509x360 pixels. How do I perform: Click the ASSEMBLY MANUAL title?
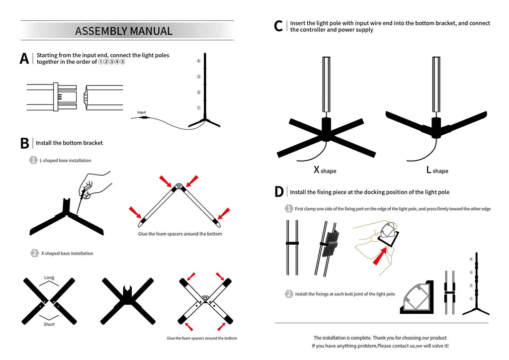(124, 31)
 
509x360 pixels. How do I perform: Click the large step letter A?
(24, 59)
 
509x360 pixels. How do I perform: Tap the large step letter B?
(24, 143)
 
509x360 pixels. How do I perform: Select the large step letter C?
(279, 26)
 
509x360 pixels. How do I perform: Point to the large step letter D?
(279, 192)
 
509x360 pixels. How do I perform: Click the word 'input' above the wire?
(141, 112)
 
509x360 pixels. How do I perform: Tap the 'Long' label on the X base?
(49, 277)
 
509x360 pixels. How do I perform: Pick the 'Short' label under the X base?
(49, 324)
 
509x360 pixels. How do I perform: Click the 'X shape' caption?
(325, 170)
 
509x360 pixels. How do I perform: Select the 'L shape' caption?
(437, 170)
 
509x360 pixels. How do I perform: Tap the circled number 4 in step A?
(198, 61)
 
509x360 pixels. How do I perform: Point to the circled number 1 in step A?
(198, 107)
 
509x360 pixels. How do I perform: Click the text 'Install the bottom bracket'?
(69, 143)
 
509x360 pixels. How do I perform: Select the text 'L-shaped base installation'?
(65, 161)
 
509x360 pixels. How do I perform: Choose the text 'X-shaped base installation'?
(67, 254)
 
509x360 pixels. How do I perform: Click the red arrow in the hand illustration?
(381, 255)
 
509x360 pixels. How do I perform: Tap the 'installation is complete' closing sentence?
(380, 338)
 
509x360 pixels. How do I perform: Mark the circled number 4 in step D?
(471, 260)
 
